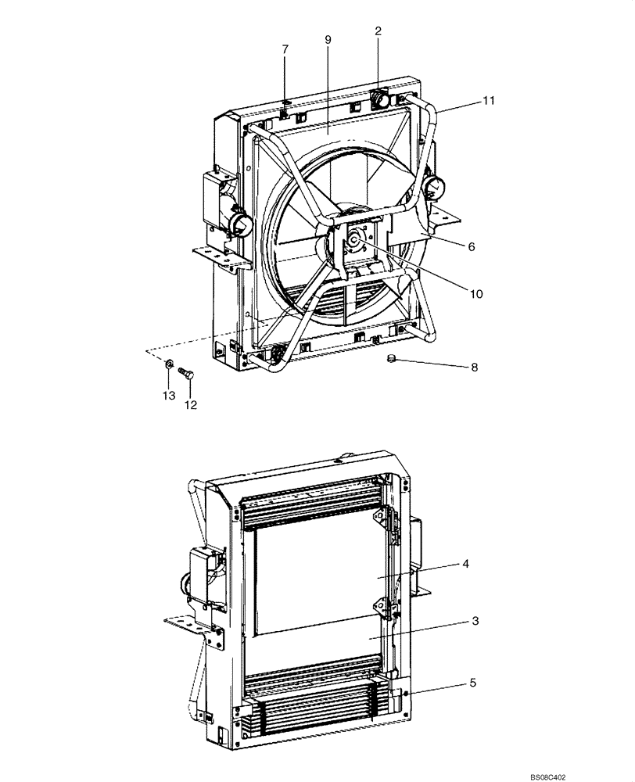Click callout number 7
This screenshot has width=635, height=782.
click(x=285, y=49)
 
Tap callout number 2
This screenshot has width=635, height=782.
click(x=378, y=31)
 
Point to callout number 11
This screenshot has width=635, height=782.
click(x=488, y=101)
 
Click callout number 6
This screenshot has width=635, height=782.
click(x=471, y=246)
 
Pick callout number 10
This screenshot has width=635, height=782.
click(x=476, y=294)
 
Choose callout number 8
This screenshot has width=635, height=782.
click(x=475, y=366)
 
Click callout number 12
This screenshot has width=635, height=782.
click(x=190, y=404)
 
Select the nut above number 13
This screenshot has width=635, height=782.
click(x=168, y=363)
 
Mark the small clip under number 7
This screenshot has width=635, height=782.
click(x=285, y=102)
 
